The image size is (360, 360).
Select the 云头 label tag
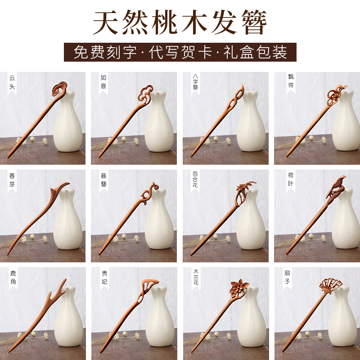click(x=12, y=82)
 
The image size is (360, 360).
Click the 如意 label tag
click(x=103, y=82)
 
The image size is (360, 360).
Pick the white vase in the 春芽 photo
click(x=67, y=220)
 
